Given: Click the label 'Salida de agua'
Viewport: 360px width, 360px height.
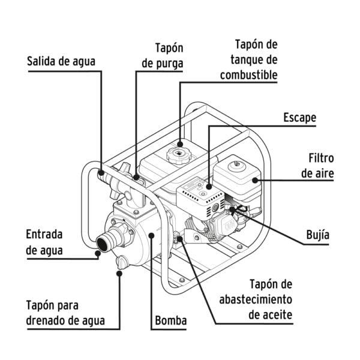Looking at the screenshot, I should pyautogui.click(x=61, y=61).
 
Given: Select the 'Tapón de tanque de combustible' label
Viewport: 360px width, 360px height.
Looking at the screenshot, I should pyautogui.click(x=248, y=60).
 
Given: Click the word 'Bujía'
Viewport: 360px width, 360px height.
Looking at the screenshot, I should pyautogui.click(x=317, y=235).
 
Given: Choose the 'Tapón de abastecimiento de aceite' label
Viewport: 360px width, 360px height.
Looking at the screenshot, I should pyautogui.click(x=255, y=299).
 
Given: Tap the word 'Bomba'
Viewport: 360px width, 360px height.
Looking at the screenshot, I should pyautogui.click(x=170, y=321).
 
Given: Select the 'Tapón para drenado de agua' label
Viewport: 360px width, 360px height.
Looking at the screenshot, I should pyautogui.click(x=65, y=313).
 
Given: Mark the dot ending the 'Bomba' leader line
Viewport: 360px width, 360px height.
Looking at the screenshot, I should pyautogui.click(x=151, y=236).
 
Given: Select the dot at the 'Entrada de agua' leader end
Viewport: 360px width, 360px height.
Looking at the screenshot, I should pyautogui.click(x=97, y=254).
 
